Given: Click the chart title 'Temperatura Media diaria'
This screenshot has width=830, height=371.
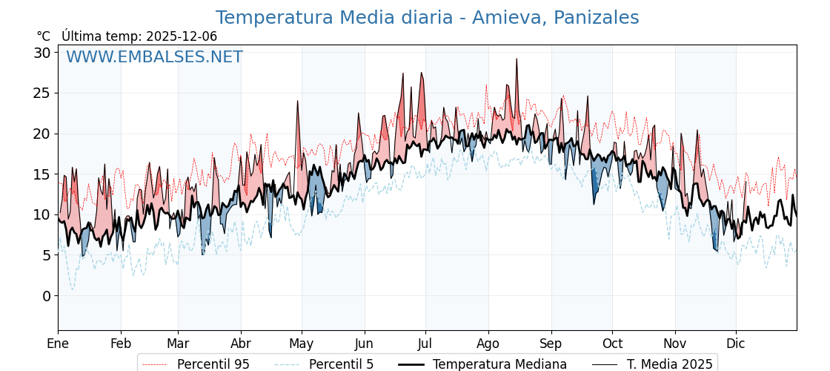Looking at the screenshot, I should pos(427,18).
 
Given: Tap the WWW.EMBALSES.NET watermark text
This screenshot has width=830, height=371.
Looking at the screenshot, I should pos(154,57).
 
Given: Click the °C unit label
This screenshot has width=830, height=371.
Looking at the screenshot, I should pos(43,36).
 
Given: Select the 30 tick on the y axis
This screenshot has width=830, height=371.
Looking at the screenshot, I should pos(41,53).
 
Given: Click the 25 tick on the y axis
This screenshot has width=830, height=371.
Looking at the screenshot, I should pos(41,93).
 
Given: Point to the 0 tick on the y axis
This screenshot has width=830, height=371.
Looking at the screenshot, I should pos(46,296).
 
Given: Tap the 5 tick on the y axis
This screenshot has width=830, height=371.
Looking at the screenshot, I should pos(46,255).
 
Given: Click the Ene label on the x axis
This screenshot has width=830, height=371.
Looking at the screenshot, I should pos(58,344).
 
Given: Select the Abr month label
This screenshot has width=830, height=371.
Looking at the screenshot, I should pos(241,344).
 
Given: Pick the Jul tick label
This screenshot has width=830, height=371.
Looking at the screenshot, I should pos(425,344).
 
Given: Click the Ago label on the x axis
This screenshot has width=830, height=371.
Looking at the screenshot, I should pos(488,344).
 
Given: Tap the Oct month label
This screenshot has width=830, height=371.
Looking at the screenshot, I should pos(612,344).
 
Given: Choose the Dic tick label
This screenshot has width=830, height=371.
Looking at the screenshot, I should pos(736,344).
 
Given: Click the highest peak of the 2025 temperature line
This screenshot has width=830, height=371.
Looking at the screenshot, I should pos(517,59).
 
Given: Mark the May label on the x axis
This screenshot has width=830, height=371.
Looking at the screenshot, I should pos(302,344).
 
